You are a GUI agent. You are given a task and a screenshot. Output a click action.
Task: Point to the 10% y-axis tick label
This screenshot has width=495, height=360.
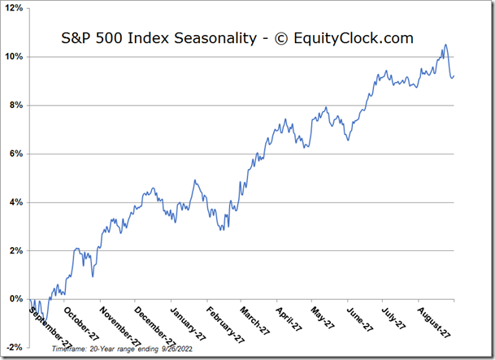(x=15, y=57)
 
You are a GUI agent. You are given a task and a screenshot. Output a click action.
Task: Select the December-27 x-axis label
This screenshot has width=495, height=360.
(x=153, y=325)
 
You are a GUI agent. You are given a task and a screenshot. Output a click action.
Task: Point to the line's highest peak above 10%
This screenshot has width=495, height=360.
(x=445, y=45)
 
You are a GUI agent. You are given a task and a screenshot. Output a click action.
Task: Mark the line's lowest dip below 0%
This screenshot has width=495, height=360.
(x=46, y=323)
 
